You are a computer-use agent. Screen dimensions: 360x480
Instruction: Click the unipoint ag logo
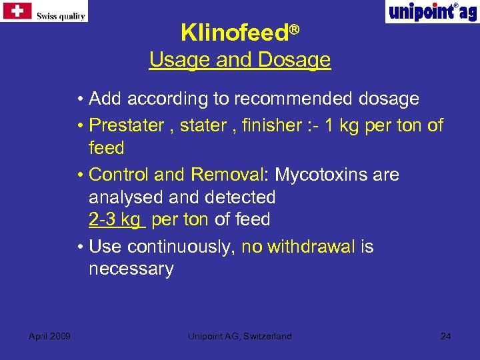pos(432,12)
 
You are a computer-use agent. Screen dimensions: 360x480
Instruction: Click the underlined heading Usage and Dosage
pos(239,60)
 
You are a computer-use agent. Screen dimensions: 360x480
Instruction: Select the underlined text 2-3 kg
pos(114,219)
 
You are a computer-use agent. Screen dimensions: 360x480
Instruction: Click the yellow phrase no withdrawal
pos(298,247)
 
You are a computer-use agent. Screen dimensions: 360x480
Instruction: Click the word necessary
pos(131,269)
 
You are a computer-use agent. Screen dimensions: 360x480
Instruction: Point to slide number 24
pos(445,336)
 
